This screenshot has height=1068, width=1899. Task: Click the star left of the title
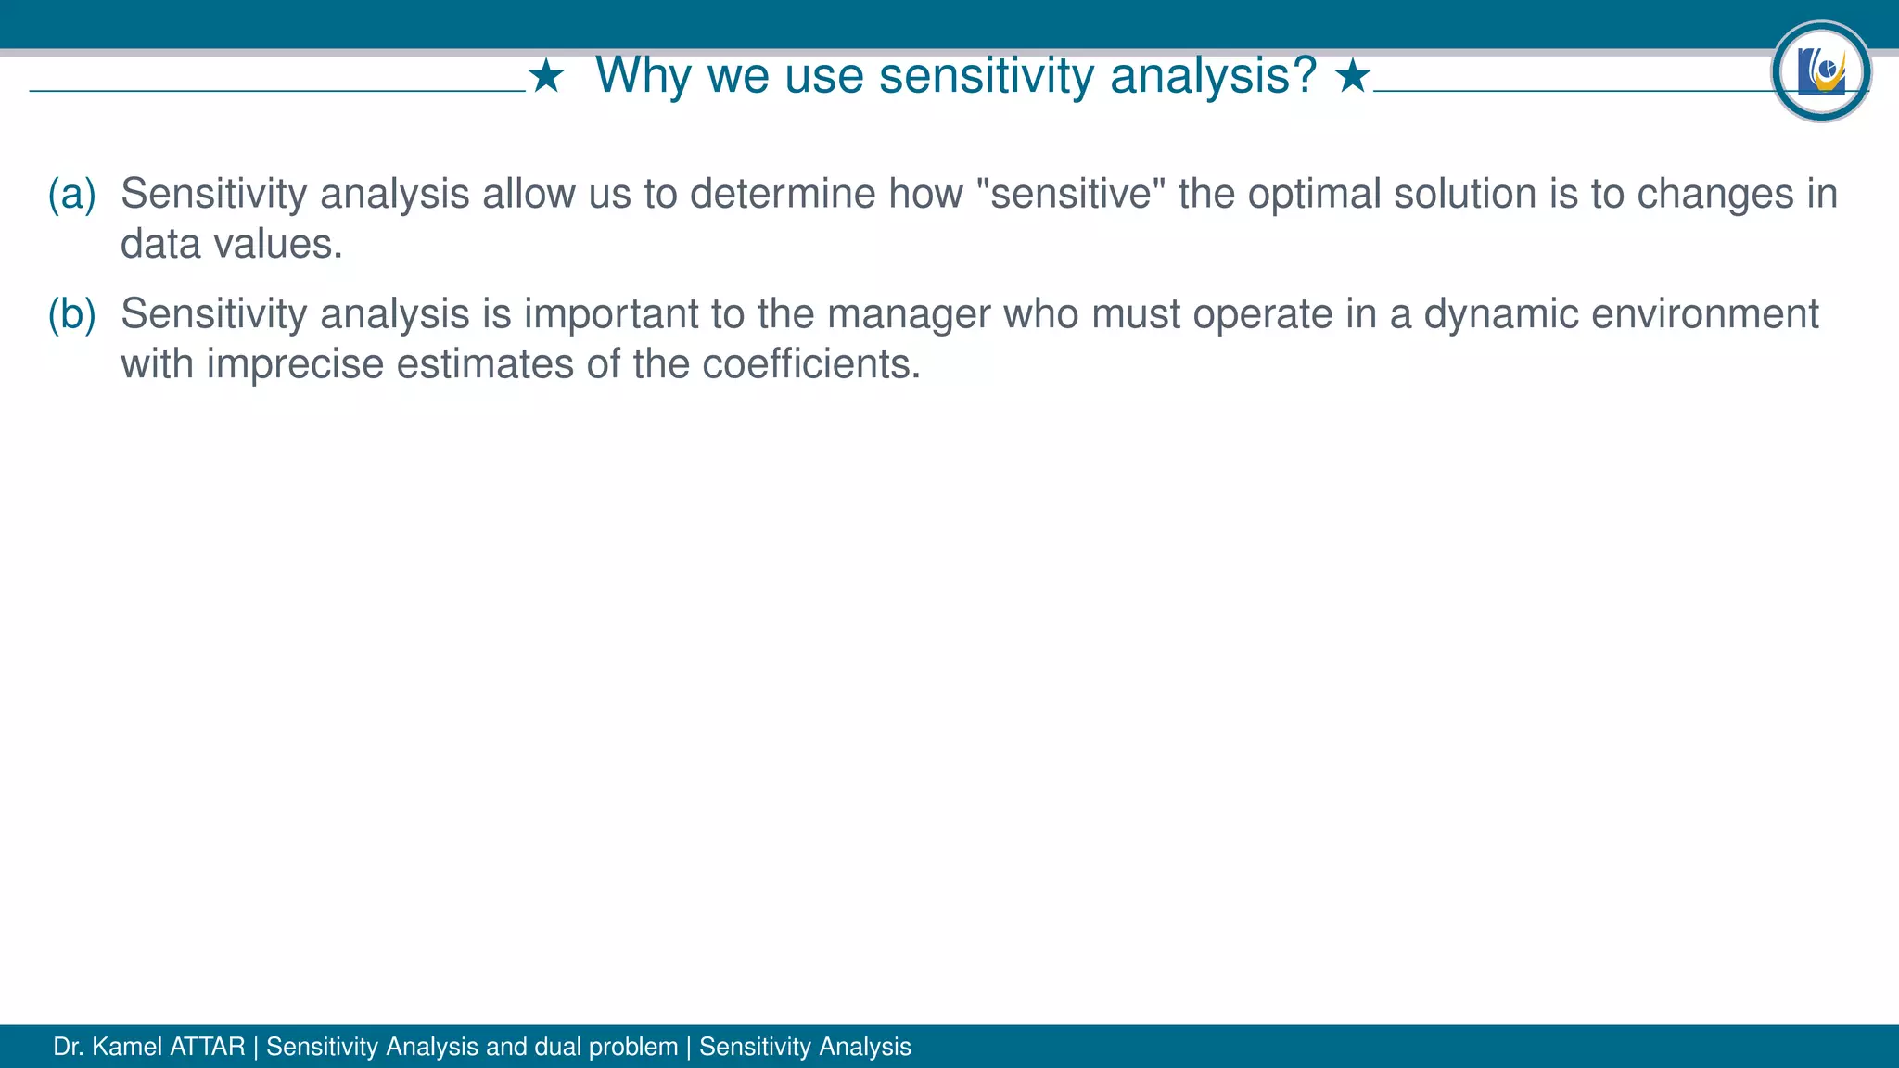(546, 77)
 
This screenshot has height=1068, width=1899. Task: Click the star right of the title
(1353, 77)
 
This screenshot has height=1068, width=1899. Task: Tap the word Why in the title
(643, 76)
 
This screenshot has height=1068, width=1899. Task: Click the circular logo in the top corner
(1821, 71)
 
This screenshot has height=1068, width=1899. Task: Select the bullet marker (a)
(72, 195)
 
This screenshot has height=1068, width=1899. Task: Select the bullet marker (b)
(72, 315)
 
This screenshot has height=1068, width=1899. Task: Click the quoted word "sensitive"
(1071, 195)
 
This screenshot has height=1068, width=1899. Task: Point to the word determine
(783, 195)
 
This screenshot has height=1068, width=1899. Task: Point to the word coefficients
(810, 364)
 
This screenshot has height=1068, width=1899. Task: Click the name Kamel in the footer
(127, 1048)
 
